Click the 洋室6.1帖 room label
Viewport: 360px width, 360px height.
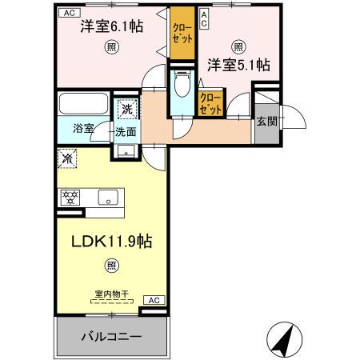[111, 26]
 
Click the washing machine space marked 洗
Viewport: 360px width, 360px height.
[126, 109]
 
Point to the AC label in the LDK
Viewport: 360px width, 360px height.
[154, 300]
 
